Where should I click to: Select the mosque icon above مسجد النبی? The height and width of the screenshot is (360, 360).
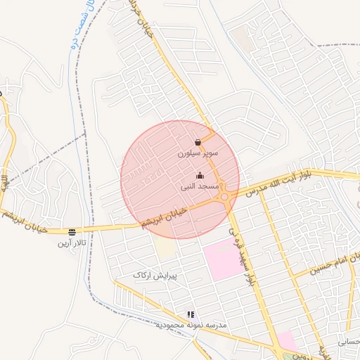point(200,176)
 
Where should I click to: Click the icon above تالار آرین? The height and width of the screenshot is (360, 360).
point(72,231)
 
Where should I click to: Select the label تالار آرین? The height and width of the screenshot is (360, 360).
point(72,243)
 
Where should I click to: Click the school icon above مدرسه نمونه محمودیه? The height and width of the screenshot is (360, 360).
point(190,314)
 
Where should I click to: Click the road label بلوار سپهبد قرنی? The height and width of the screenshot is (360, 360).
point(240,256)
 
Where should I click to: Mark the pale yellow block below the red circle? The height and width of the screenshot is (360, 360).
point(166,247)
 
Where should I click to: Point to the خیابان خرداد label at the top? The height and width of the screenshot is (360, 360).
point(143,18)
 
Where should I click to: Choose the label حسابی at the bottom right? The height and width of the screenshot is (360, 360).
point(348,342)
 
